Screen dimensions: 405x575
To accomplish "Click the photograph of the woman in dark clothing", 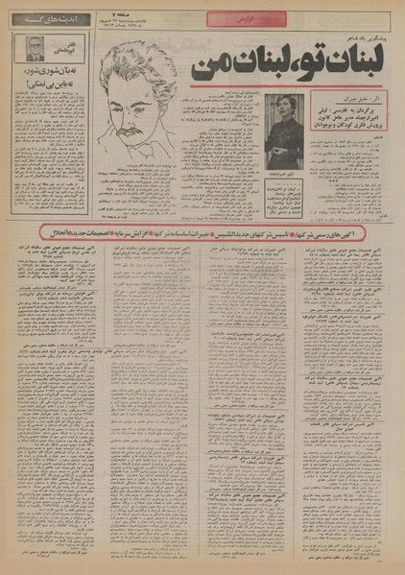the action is (288, 122).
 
